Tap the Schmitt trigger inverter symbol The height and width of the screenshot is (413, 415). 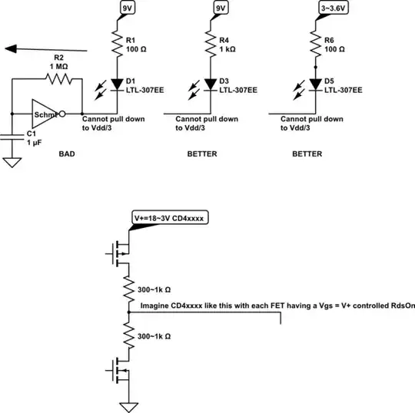point(45,114)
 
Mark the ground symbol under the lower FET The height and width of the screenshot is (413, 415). point(128,405)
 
